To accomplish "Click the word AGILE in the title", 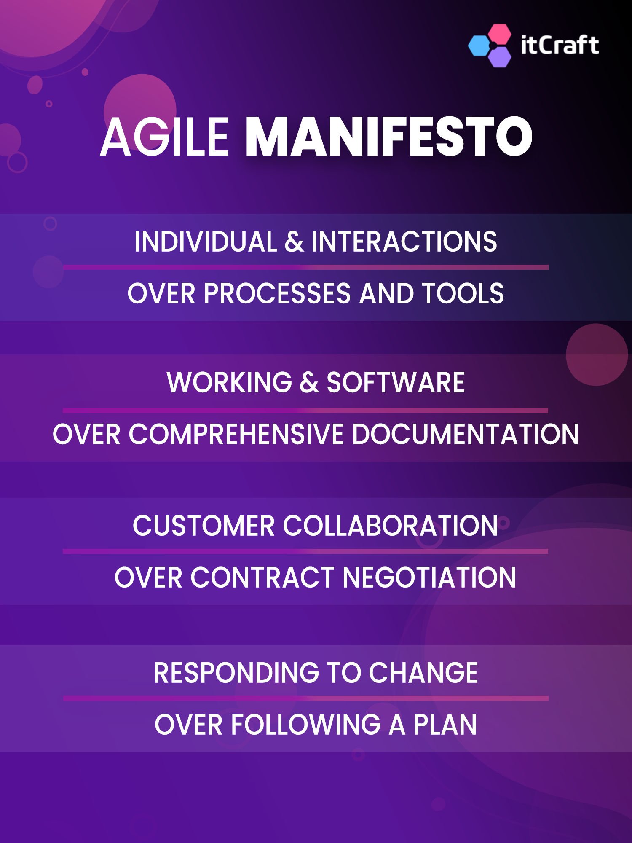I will tap(164, 137).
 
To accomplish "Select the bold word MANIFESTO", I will tap(388, 137).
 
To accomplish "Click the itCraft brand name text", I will tap(560, 45).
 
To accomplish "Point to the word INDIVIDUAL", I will tap(206, 242).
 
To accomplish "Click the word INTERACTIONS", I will tap(404, 242).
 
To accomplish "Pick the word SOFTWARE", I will tap(396, 383).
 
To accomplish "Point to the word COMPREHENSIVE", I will tap(236, 434).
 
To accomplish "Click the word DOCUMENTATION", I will tap(465, 434).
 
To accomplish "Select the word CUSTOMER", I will tap(204, 526).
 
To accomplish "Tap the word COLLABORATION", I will tap(390, 526).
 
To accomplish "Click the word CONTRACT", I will tap(262, 577).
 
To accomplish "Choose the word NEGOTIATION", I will tap(429, 577).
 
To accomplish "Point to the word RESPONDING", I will tap(236, 673).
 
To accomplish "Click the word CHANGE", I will tap(423, 673).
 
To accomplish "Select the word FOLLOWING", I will tap(306, 725).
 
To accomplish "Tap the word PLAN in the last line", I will tap(445, 725).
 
